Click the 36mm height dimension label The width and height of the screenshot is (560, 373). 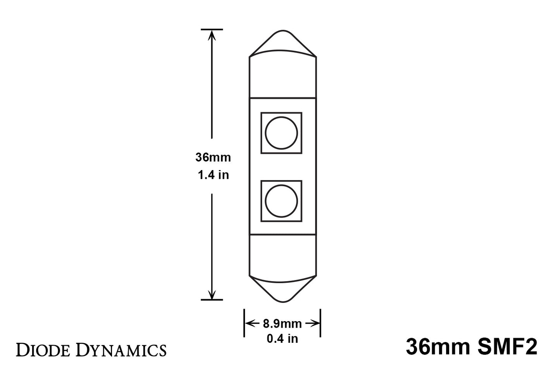pos(213,158)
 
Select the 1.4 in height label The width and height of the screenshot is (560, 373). pos(213,175)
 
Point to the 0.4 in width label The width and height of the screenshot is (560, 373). pos(282,339)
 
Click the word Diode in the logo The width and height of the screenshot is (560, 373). pos(43,350)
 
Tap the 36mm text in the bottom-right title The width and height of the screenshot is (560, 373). pos(437,347)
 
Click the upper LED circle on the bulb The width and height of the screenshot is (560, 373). pos(281,133)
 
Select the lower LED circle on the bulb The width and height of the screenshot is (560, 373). pos(281,201)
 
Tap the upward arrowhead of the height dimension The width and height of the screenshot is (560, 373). pos(212,34)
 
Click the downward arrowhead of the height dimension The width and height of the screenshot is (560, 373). pos(212,294)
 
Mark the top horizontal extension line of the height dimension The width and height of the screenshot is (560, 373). pos(212,29)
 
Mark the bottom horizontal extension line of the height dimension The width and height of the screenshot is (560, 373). pos(212,299)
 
